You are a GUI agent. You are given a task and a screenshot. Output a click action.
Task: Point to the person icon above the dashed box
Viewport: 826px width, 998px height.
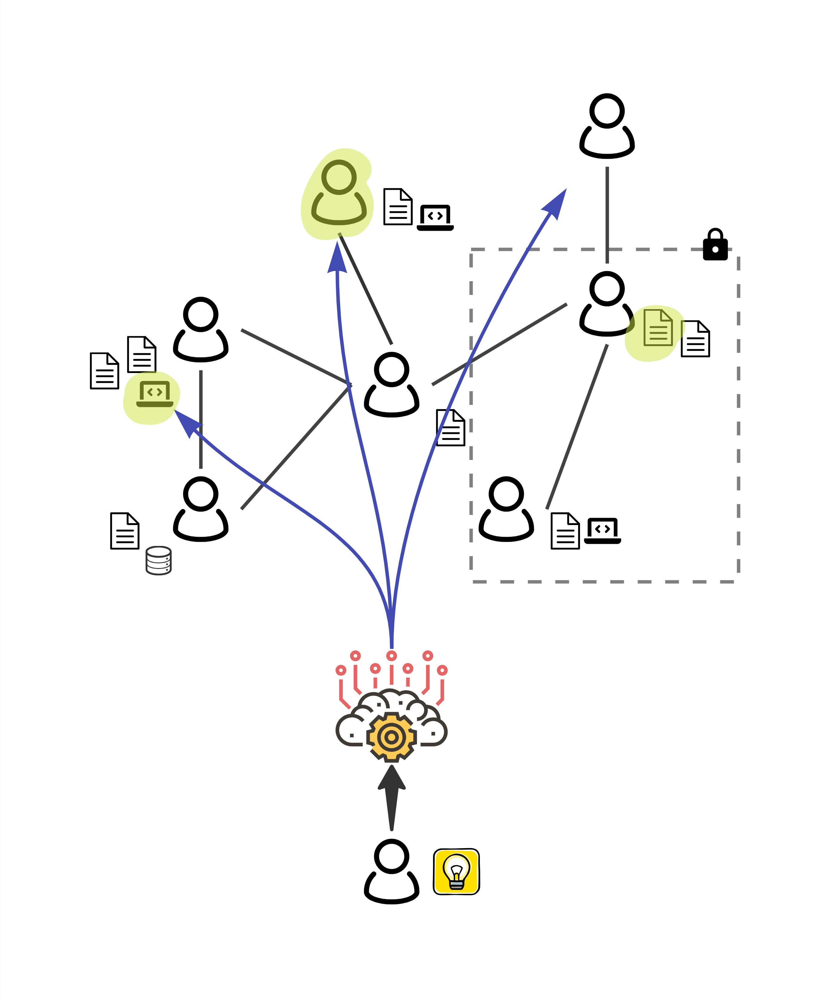(x=607, y=126)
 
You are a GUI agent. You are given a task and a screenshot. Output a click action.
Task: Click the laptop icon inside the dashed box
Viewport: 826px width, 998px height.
(x=602, y=530)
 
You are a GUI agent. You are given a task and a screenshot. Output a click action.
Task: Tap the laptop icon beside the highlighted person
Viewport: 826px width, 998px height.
(x=435, y=218)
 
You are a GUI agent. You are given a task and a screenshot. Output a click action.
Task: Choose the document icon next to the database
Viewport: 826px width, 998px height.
(x=124, y=530)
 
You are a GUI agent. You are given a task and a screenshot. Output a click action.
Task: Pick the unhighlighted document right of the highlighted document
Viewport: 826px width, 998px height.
(x=695, y=339)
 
